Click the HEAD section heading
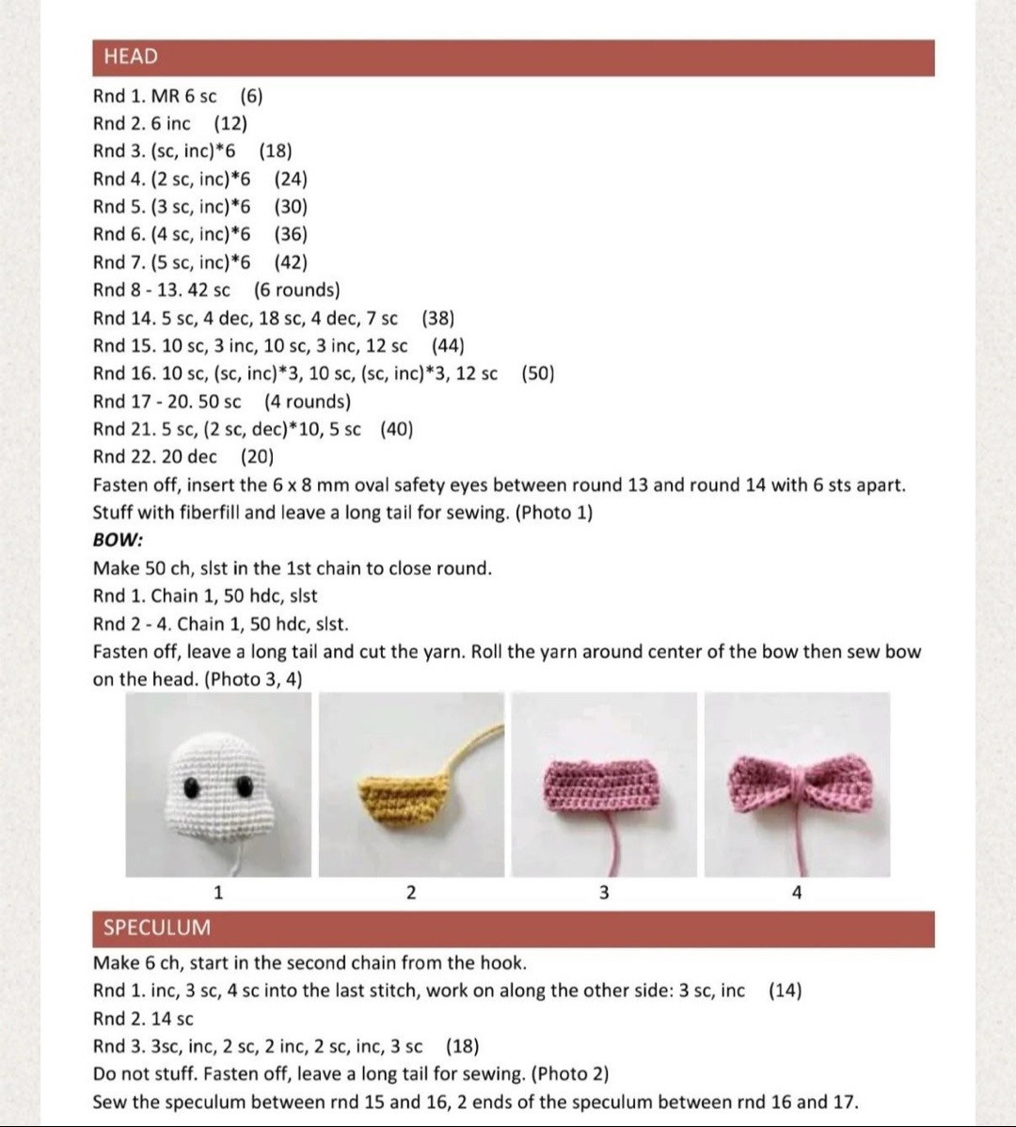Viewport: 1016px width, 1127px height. [131, 56]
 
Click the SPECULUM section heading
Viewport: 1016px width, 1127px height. [157, 928]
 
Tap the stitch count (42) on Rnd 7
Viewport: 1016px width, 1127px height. [291, 262]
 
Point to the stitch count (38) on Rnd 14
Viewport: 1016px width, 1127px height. [438, 318]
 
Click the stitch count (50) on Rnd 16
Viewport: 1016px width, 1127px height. [537, 373]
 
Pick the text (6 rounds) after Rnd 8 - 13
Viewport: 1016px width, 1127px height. [296, 290]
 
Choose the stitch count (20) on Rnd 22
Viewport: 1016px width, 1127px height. [258, 456]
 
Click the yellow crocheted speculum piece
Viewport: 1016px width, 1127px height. [400, 801]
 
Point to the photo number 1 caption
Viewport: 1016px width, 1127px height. [218, 892]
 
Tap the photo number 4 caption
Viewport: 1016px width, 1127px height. [797, 892]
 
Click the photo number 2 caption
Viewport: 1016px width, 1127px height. [410, 892]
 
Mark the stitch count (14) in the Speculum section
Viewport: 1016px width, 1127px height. [785, 991]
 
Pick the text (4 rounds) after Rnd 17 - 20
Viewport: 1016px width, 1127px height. [307, 402]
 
